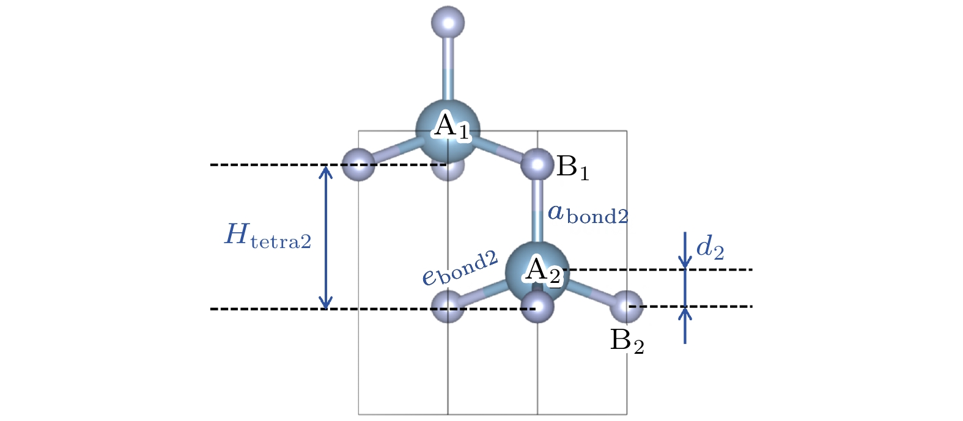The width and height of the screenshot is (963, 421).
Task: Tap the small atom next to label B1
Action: (x=537, y=164)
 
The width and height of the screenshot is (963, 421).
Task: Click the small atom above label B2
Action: (x=627, y=307)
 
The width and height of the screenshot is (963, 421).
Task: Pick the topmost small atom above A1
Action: (x=448, y=23)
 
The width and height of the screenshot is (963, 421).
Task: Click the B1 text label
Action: (x=573, y=167)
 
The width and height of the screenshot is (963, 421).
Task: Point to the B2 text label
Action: (x=627, y=342)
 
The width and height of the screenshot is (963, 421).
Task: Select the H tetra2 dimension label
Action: (x=267, y=236)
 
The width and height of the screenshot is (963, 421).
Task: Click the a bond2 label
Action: (x=588, y=214)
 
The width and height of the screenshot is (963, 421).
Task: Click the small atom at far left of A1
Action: (x=358, y=164)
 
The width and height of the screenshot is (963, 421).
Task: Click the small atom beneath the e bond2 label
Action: (x=448, y=307)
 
